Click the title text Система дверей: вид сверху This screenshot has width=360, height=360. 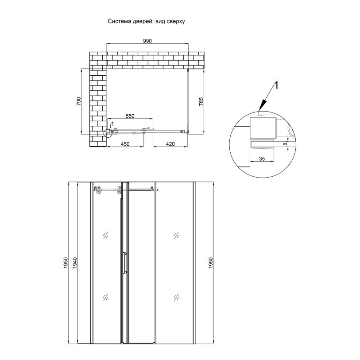146,21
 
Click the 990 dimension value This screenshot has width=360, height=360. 147,41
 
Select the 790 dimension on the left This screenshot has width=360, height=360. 78,101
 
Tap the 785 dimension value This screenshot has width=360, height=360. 201,101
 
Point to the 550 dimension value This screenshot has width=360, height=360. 130,116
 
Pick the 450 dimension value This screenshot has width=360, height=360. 125,144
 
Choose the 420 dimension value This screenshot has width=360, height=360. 170,144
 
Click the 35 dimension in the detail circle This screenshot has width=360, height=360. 262,159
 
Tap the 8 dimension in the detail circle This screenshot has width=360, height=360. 285,144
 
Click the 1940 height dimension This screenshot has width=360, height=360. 75,263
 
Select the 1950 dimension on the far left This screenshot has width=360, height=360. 66,263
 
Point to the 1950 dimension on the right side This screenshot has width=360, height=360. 211,263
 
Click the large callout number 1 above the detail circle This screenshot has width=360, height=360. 277,85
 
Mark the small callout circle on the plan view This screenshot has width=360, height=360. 108,133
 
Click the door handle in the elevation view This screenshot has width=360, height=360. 125,263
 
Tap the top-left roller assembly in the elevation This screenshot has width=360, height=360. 98,190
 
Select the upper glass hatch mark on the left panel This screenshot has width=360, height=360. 106,235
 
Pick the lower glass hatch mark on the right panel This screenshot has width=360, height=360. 176,297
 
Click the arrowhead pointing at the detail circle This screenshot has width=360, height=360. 263,106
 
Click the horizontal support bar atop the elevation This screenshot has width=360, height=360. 140,190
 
